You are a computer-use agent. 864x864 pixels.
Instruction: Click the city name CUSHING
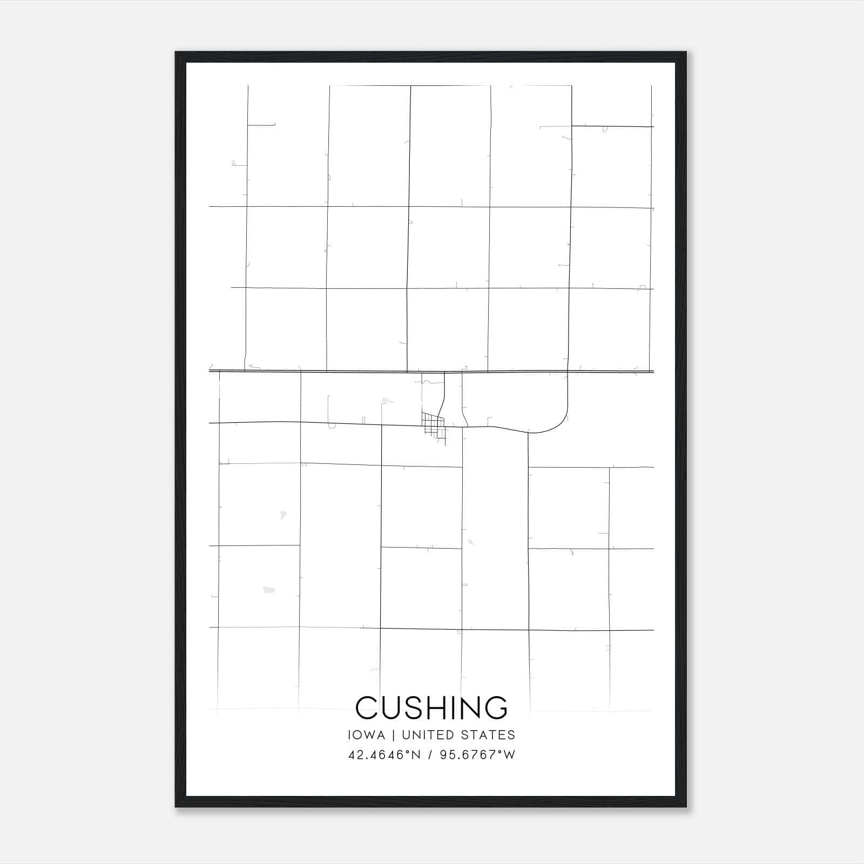[431, 708]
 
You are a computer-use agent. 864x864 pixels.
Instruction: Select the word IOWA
[367, 735]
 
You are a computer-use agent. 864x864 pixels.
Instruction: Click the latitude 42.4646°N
[384, 755]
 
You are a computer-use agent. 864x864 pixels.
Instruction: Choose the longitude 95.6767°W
[478, 755]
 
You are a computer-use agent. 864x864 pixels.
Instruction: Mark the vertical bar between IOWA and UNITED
[394, 735]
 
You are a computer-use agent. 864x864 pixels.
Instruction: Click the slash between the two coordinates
[430, 755]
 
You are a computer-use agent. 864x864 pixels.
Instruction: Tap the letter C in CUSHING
[367, 708]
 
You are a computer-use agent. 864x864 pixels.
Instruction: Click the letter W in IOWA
[372, 735]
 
